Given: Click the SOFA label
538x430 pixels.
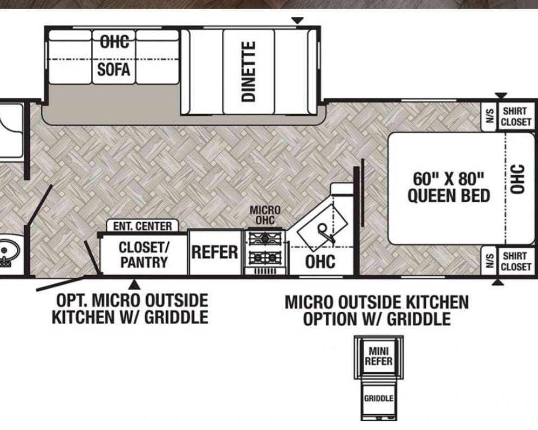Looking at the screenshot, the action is coord(114,70).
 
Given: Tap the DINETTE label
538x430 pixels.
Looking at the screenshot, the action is coord(249,71).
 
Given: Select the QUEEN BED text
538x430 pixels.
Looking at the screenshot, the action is coord(449,196).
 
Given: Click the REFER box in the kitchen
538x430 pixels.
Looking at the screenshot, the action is coord(215,252).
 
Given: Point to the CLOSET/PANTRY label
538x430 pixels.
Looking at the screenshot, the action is coord(144,255).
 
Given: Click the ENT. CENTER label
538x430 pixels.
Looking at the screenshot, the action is coord(142,226).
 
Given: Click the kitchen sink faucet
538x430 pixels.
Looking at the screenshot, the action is coord(325,232).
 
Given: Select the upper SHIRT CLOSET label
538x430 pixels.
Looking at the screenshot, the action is coord(516,117).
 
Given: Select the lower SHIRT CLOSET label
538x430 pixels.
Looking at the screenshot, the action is coord(516,261).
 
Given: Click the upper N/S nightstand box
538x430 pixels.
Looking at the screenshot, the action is coord(490,116).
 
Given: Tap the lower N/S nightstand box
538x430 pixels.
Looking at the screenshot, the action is coord(490,261).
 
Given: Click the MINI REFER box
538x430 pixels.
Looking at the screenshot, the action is coord(378,356).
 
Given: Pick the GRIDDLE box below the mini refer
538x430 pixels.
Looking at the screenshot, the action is coord(379,399).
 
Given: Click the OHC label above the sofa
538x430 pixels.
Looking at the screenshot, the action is coord(114,42).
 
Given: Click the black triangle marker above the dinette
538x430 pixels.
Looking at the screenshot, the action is coord(298,21).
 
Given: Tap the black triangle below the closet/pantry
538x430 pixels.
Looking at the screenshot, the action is coord(134,284).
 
